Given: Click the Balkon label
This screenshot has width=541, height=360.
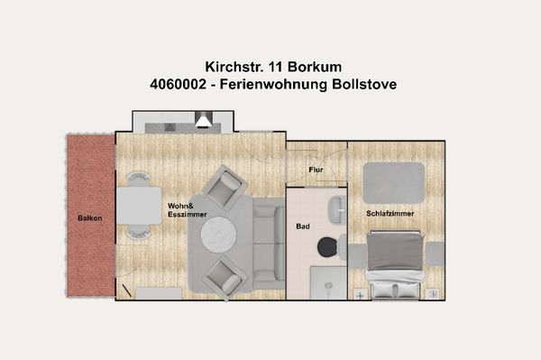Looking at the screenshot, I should pos(88,218).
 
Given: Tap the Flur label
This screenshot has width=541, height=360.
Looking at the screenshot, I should pos(316,169).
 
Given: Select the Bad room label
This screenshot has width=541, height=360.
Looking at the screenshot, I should pos(303,226).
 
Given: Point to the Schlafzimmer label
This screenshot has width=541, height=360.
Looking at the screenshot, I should pos(389,213).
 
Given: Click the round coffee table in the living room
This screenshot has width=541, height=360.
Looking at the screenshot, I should pos(217,236).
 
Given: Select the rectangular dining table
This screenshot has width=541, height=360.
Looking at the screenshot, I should pos(138,204).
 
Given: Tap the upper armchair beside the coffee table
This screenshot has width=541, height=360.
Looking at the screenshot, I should pos(223,187).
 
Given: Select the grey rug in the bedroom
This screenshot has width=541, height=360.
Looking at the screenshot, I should pos(394,182).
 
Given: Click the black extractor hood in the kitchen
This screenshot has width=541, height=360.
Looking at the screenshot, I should pos(205,119).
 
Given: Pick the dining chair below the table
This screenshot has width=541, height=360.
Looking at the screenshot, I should pos(138,232).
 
